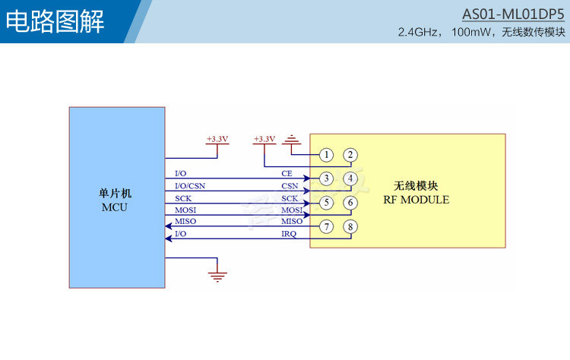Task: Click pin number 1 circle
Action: pos(325,155)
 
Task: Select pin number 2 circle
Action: pos(350,155)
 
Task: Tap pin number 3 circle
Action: pos(325,179)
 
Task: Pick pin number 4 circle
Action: pos(350,179)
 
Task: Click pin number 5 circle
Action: pos(325,203)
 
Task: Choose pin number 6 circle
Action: pos(350,203)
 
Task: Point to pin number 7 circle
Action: pos(325,226)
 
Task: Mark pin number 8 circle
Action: pos(350,226)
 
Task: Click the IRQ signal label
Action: pos(289,234)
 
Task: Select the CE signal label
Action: pos(287,174)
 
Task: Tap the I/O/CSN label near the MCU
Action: pos(189,186)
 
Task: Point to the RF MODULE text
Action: pos(416,201)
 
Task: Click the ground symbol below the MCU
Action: pos(218,276)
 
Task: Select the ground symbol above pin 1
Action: pos(292,139)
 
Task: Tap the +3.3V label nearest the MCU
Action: pos(217,140)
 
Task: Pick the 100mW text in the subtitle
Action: pos(471,33)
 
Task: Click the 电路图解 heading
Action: pos(55,22)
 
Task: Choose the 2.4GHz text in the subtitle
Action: pos(420,33)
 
